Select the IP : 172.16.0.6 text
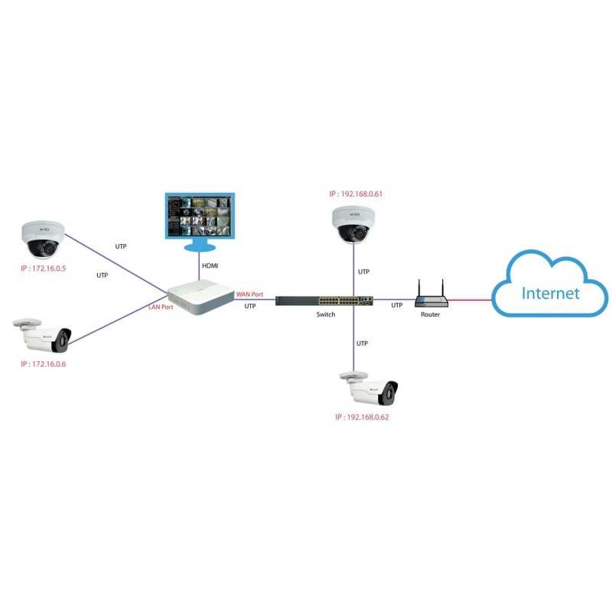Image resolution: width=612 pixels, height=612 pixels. (43, 364)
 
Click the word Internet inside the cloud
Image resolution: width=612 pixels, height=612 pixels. (550, 293)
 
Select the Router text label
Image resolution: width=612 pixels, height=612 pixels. (429, 314)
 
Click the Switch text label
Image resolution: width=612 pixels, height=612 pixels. (326, 314)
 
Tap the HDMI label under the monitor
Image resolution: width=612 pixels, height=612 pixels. (210, 265)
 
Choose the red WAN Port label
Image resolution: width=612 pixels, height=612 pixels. (249, 294)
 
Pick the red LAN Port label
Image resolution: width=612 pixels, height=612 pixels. (161, 307)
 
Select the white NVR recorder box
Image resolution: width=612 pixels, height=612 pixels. (199, 297)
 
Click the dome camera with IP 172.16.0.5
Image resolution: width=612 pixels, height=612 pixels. (42, 239)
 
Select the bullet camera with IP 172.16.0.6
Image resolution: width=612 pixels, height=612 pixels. (44, 335)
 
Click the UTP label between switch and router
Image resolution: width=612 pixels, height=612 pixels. (396, 305)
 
